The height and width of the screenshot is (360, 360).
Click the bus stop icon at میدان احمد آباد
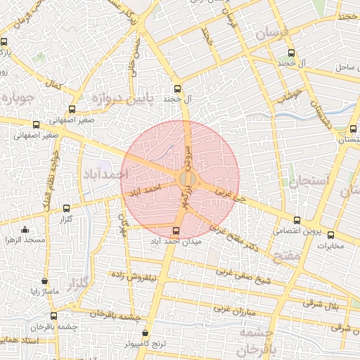point(176,230)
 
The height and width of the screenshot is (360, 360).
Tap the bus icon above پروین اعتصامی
point(297,220)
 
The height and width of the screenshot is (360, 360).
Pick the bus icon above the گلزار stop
point(67,208)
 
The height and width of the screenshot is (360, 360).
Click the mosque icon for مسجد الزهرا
point(25,229)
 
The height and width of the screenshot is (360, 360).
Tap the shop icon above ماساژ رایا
point(45,280)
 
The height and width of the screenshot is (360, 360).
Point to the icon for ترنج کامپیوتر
point(146,333)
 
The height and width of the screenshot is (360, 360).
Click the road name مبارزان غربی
point(232,307)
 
